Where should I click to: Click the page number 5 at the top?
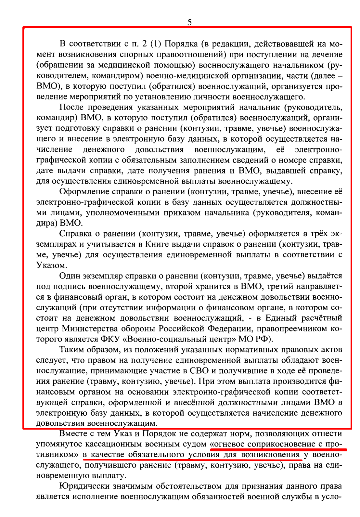[x=189, y=22]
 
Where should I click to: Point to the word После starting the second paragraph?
[x=71, y=107]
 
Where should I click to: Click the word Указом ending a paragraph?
[x=51, y=265]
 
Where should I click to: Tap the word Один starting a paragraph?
[x=70, y=276]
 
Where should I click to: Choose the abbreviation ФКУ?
[x=110, y=339]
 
